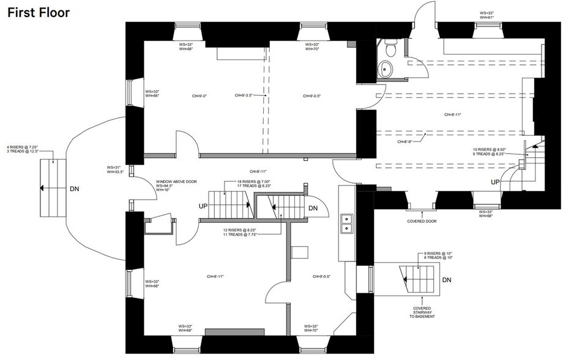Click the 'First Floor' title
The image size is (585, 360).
tap(39, 12)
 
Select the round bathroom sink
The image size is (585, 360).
tap(386, 69)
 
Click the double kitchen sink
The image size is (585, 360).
tap(346, 223)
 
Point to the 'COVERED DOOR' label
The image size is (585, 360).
tap(422, 222)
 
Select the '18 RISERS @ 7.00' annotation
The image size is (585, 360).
tap(255, 182)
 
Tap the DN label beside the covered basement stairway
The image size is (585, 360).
tap(447, 280)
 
